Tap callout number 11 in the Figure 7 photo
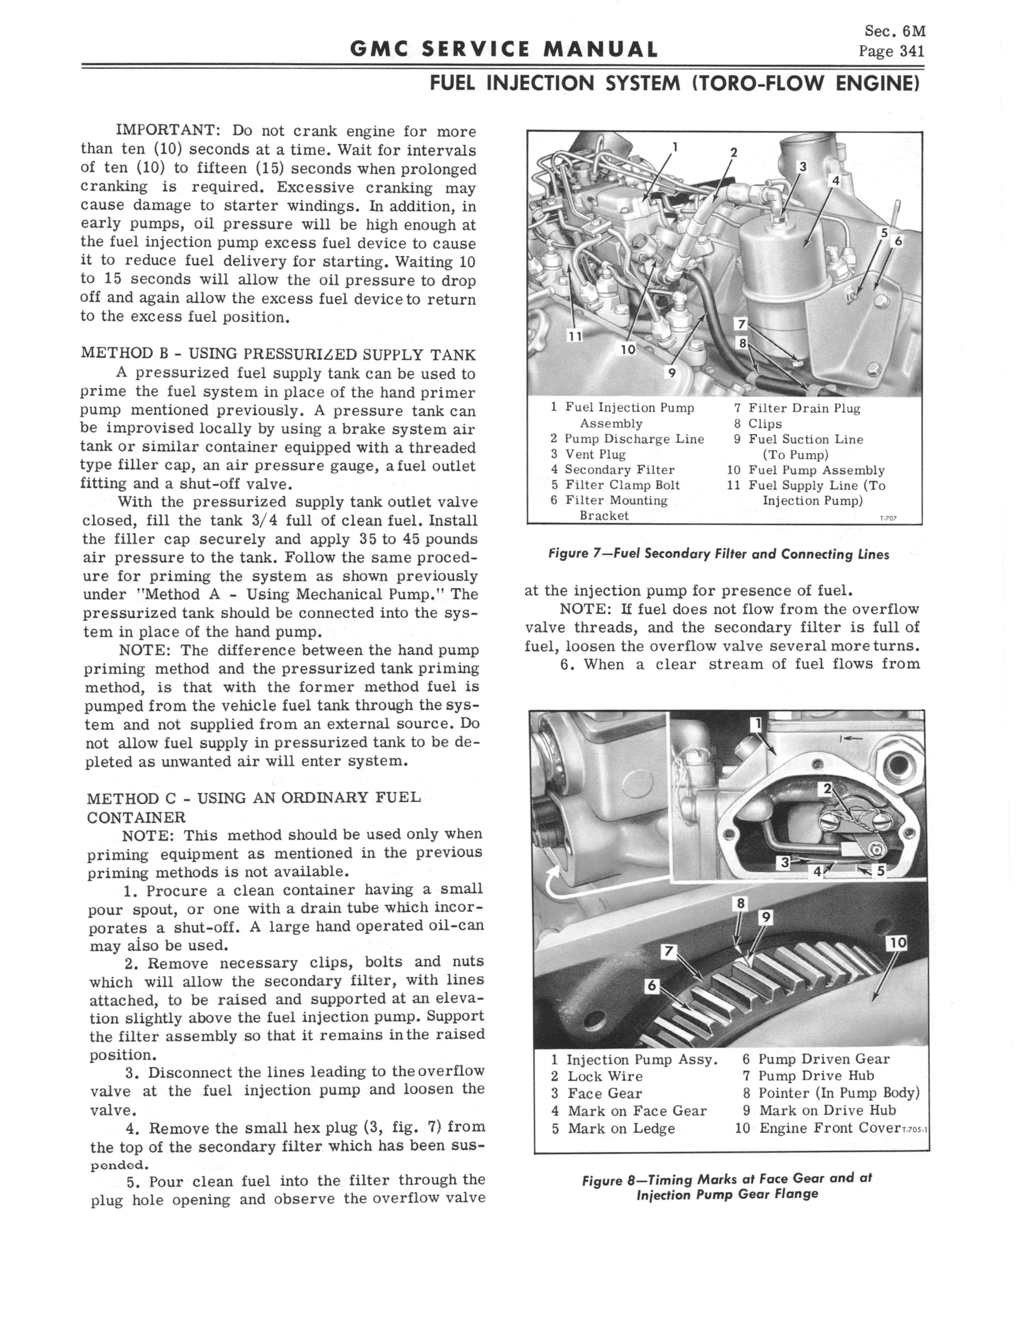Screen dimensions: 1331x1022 click(575, 335)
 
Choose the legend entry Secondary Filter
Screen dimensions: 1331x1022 click(619, 469)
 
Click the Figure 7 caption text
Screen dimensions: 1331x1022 click(718, 554)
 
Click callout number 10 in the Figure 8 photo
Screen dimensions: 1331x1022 click(898, 943)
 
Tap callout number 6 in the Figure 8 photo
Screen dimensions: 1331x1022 click(652, 985)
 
